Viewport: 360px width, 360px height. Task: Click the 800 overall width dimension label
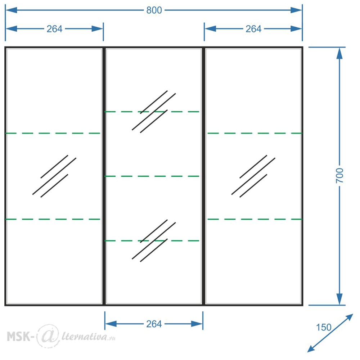tap(154, 10)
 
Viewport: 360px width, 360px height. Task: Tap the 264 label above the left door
tap(54, 29)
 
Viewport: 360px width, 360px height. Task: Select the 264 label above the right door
tap(253, 29)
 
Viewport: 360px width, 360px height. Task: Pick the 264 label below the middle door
tap(154, 324)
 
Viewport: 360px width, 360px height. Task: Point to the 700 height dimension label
tap(339, 176)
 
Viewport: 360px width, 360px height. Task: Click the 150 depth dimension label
tap(324, 327)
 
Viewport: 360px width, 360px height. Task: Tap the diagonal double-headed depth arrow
tap(330, 333)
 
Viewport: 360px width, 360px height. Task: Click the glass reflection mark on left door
tap(54, 176)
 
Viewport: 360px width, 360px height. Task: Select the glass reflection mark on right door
tap(253, 176)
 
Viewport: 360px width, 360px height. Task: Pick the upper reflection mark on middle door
tap(154, 112)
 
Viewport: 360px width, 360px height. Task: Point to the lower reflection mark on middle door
tap(154, 240)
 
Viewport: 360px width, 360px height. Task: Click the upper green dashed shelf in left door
tap(53, 133)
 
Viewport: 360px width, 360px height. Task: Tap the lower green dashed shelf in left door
tap(53, 219)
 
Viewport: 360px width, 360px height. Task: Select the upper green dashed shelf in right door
tap(255, 133)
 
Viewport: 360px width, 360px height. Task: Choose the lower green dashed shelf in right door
tap(255, 219)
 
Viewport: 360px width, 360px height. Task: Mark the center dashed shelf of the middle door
tap(152, 176)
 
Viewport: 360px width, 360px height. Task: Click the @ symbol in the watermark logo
tap(48, 336)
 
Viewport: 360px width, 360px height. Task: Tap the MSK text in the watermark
tap(19, 337)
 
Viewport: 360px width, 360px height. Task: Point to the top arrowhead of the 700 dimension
tap(339, 53)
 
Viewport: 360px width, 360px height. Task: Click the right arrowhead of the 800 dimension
tap(296, 10)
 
